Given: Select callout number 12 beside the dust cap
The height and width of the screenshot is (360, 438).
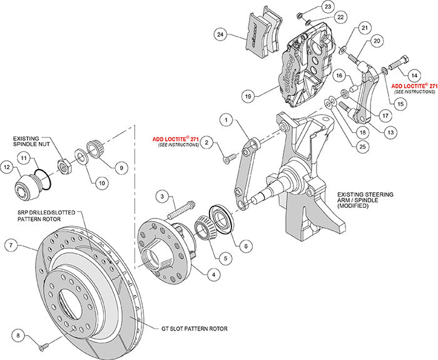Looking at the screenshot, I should click(x=8, y=167).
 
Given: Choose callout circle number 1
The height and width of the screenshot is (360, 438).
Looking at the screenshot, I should click(x=226, y=118).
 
